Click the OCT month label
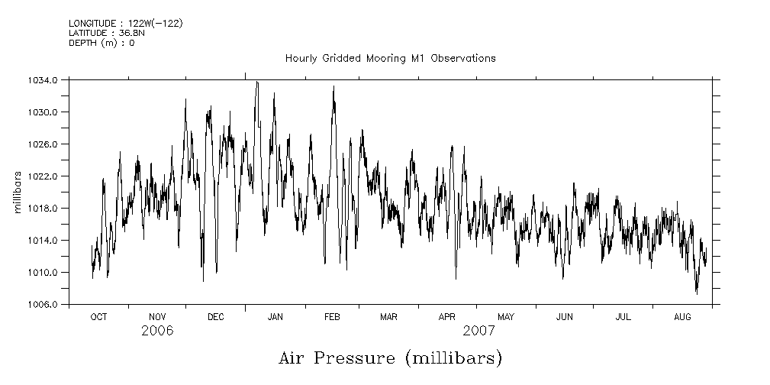click(98, 316)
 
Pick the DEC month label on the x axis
click(216, 316)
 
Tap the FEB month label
click(332, 316)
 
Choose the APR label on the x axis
click(447, 316)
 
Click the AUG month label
click(683, 316)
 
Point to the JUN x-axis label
click(565, 316)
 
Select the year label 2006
click(157, 331)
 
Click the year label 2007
click(478, 331)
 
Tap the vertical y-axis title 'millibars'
click(18, 192)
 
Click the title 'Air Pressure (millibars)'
click(390, 358)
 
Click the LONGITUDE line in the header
click(125, 23)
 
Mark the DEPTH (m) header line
click(101, 43)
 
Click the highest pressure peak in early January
click(257, 82)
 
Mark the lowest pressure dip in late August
click(696, 293)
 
